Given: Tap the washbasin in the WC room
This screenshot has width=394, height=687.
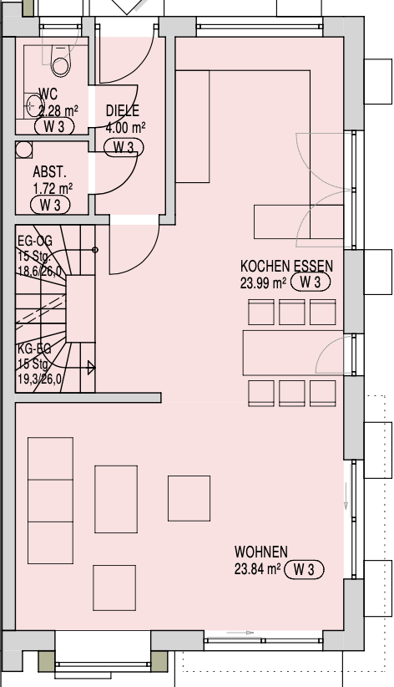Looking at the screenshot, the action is point(32,105).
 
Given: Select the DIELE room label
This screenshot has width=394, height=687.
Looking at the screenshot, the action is point(123,110).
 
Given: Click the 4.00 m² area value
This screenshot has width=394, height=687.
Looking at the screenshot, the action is point(126,128).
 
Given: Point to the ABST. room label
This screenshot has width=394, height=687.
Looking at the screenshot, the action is point(49,172).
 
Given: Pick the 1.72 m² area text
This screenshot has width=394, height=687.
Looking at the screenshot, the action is point(53,189).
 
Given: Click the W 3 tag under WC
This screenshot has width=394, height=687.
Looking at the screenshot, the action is point(54,127).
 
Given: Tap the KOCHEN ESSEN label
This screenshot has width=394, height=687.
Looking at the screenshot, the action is point(286,266).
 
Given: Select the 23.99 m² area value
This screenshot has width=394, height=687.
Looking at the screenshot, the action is point(263,282).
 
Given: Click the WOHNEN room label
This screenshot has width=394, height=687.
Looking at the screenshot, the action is point(261,552).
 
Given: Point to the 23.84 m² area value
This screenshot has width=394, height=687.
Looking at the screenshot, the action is point(257,569).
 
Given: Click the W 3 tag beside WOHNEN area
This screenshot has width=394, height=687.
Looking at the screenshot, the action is point(304,570).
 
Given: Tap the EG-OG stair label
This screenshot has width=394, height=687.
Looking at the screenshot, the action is point(34,241).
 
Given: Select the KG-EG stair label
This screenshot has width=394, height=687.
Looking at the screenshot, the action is point(34,349).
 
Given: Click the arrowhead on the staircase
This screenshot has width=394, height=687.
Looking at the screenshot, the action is point(91,368).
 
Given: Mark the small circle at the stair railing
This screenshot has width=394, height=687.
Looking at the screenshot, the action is point(95,250).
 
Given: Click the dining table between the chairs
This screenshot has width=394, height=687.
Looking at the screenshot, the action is point(293,354).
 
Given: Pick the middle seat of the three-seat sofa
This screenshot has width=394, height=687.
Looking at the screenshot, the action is point(50,501).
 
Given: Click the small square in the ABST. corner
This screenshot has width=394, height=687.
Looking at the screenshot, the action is point(24,150).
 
